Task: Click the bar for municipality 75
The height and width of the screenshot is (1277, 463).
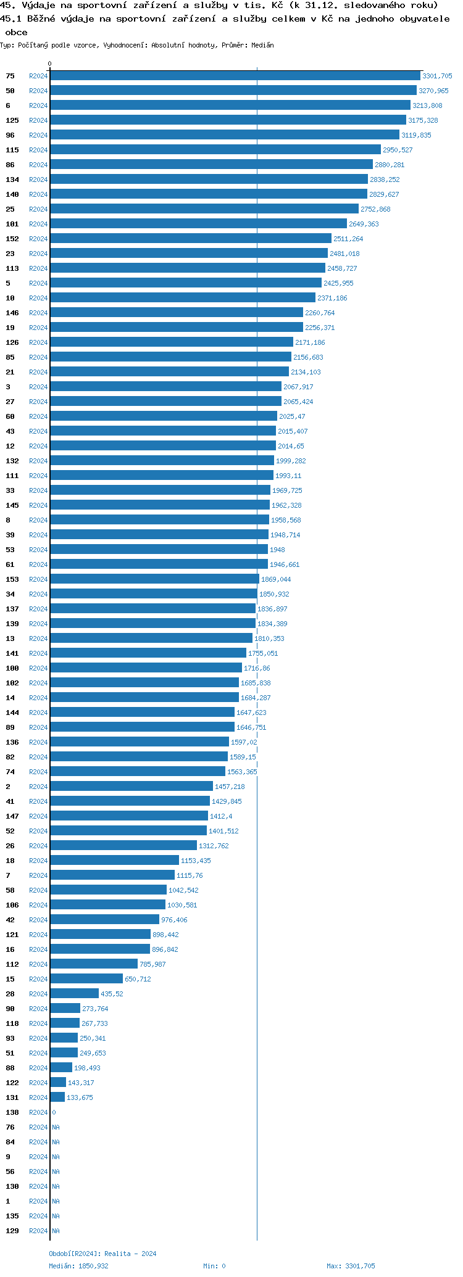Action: pyautogui.click(x=235, y=76)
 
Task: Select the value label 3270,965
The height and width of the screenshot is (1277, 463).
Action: pyautogui.click(x=433, y=91)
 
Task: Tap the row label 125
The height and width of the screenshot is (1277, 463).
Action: pyautogui.click(x=12, y=120)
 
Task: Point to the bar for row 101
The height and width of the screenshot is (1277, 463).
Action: pyautogui.click(x=198, y=224)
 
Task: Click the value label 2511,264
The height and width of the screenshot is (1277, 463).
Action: pyautogui.click(x=348, y=239)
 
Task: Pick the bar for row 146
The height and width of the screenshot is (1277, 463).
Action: pyautogui.click(x=177, y=313)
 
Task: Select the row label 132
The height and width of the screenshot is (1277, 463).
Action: pyautogui.click(x=12, y=461)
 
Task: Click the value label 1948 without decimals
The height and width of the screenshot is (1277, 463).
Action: pyautogui.click(x=277, y=550)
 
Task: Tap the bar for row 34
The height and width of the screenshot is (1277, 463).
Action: pyautogui.click(x=154, y=594)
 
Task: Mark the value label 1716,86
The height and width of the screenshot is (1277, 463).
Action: pyautogui.click(x=257, y=668)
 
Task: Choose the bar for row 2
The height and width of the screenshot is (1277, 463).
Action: pyautogui.click(x=131, y=787)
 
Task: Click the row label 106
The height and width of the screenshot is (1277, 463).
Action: pyautogui.click(x=12, y=905)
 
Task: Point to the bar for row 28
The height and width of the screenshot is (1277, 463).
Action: pyautogui.click(x=74, y=994)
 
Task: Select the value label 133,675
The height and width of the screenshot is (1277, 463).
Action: pyautogui.click(x=80, y=1097)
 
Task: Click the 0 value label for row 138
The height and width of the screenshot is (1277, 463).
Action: pyautogui.click(x=54, y=1112)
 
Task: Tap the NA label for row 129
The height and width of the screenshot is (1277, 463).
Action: pyautogui.click(x=56, y=1231)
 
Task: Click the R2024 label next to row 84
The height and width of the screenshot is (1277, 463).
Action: pyautogui.click(x=38, y=1142)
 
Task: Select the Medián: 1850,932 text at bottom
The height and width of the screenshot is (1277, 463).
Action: pyautogui.click(x=78, y=1266)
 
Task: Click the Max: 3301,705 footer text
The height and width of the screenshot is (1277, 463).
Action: pyautogui.click(x=351, y=1266)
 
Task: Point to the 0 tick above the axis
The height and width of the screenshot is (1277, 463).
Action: pyautogui.click(x=50, y=64)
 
